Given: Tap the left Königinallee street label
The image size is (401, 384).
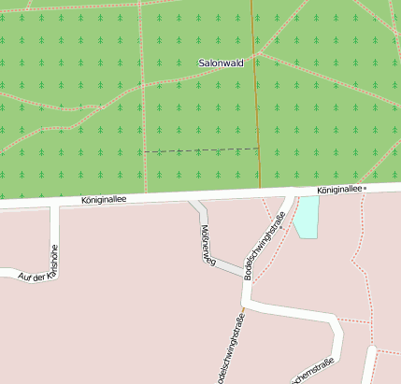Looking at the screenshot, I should (104, 199).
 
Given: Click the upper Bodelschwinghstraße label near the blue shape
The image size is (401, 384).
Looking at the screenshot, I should (264, 247).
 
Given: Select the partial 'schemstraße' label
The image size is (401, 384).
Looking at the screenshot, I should (314, 375).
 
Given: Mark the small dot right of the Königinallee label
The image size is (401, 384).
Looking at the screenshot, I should (365, 189).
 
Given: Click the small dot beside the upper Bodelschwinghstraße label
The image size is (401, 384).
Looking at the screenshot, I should (281, 215).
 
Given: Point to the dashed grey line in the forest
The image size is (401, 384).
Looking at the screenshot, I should (201, 149).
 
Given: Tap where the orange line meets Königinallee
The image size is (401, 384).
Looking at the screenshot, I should (261, 193).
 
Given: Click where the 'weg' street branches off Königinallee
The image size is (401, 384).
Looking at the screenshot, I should (194, 198).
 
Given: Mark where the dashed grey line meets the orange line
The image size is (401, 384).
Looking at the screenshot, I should (258, 148).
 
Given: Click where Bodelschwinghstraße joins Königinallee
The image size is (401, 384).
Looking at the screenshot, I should (288, 193).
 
